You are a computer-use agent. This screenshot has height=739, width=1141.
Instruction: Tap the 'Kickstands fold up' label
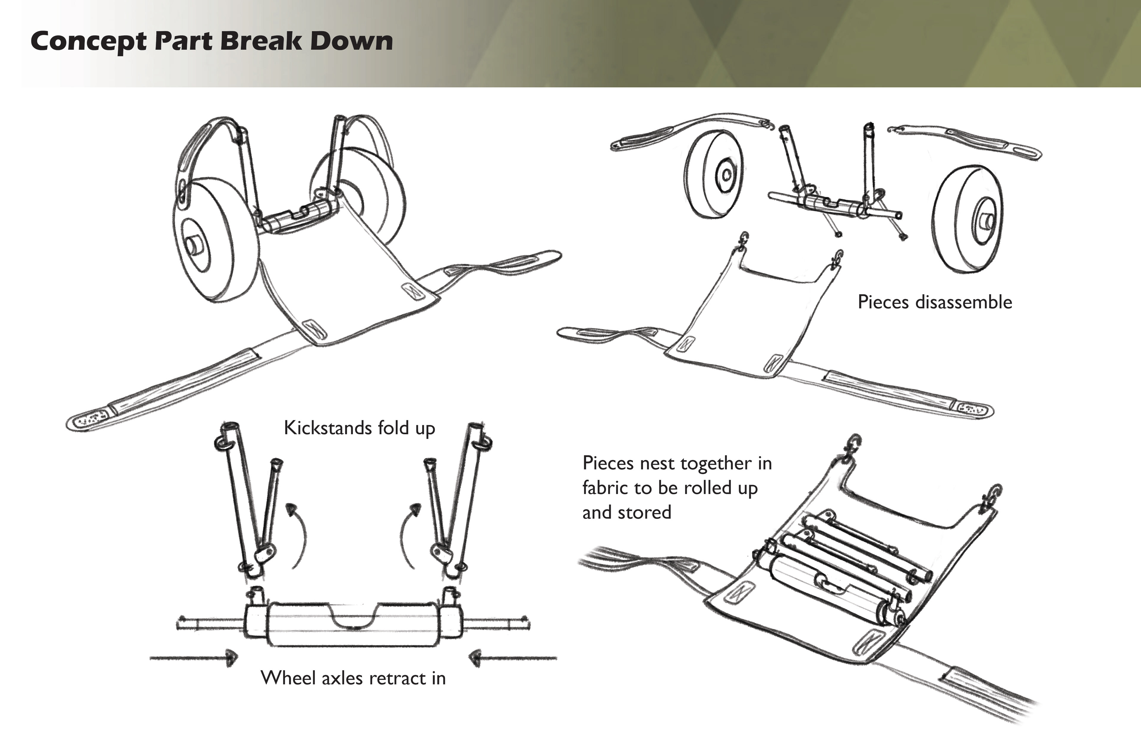click(359, 428)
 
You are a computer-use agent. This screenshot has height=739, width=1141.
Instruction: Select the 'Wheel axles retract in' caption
click(353, 678)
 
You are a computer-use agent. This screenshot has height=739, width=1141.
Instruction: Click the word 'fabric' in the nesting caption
click(604, 488)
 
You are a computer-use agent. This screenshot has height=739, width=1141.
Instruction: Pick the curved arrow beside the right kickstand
click(409, 533)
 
